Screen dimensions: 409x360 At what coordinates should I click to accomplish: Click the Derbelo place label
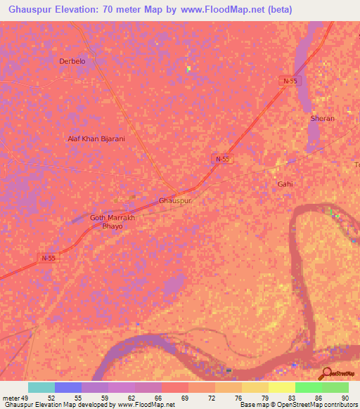[x=72, y=61]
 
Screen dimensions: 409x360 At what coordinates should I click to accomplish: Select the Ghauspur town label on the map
[x=175, y=200]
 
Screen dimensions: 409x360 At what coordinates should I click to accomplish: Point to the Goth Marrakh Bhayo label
[x=112, y=222]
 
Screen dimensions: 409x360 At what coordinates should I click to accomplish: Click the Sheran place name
[x=322, y=119]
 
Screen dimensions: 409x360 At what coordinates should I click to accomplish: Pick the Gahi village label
[x=284, y=183]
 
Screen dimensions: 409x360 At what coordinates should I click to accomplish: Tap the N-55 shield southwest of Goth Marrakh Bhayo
[x=48, y=258]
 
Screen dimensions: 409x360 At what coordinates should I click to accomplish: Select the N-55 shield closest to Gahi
[x=222, y=160]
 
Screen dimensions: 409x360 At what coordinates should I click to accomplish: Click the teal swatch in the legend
[x=41, y=387]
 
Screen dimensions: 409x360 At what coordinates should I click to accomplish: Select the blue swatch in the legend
[x=67, y=387]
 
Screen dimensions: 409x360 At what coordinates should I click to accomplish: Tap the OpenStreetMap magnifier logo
[x=327, y=374]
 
